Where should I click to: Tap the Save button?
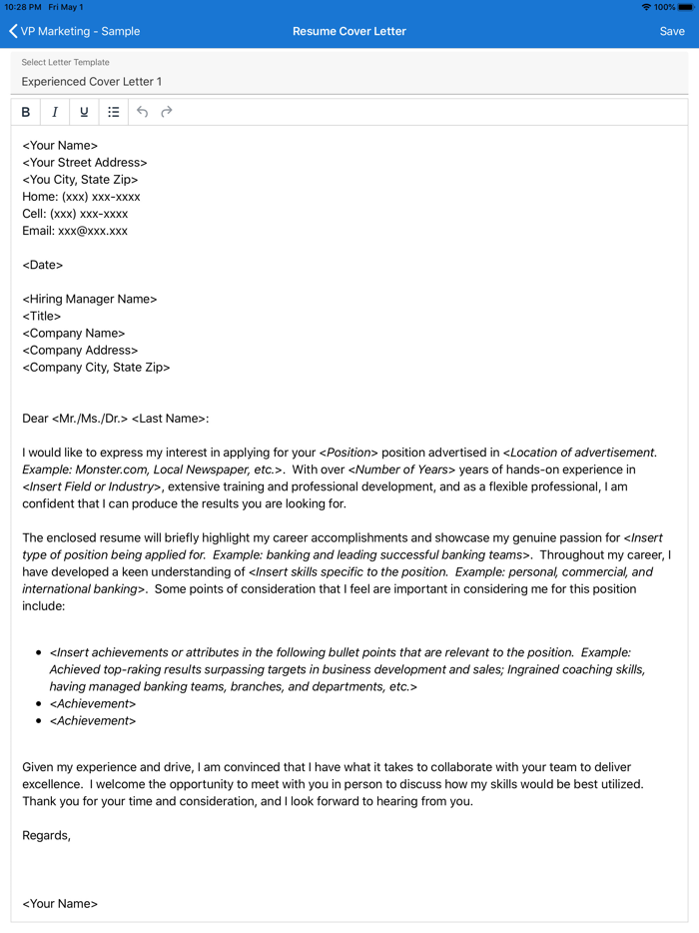point(672,31)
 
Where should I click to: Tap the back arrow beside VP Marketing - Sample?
point(13,31)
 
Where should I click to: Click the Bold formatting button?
point(26,112)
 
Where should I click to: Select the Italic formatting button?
point(55,112)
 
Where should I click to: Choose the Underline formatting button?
point(84,112)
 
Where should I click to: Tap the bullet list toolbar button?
point(114,112)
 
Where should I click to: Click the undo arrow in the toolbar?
point(143,112)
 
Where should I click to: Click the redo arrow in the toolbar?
point(167,112)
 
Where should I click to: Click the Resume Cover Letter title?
point(349,31)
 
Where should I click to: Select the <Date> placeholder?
point(43,265)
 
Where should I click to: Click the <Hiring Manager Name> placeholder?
point(90,299)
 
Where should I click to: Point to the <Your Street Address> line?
point(85,162)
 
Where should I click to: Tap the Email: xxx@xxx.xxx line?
point(75,231)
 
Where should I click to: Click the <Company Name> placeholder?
point(74,333)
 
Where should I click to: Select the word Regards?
point(45,835)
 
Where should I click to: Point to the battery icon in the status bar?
point(686,7)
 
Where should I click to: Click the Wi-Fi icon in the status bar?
point(646,7)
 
